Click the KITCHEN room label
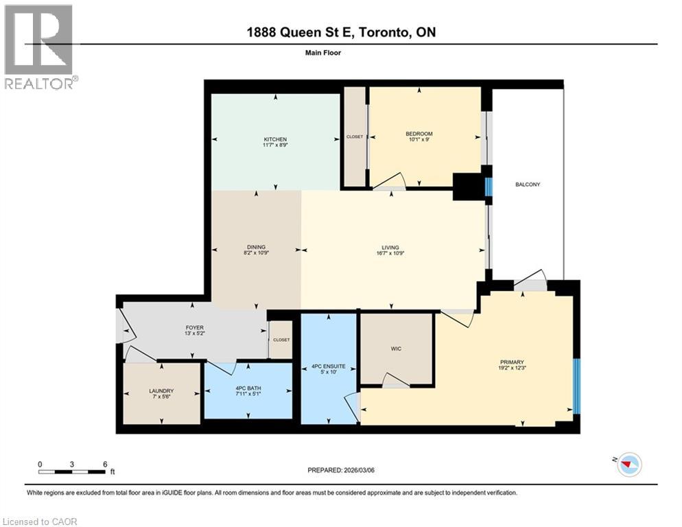276,139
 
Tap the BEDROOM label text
419,134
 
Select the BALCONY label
528,184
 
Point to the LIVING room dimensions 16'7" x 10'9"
390,254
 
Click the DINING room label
256,247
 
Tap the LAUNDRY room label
162,390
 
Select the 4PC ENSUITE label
329,366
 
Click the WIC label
396,349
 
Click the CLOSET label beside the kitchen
354,137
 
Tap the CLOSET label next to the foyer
281,340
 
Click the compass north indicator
628,465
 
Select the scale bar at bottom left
72,471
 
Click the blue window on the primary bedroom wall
576,386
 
